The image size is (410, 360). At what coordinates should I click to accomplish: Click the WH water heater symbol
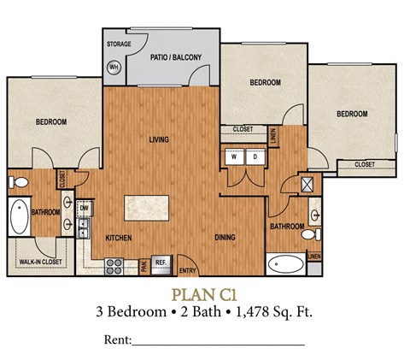pyautogui.click(x=114, y=67)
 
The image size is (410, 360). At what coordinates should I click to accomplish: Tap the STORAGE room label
pyautogui.click(x=119, y=42)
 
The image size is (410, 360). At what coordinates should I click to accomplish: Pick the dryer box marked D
pyautogui.click(x=255, y=157)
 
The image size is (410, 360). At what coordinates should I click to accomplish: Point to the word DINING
pyautogui.click(x=225, y=238)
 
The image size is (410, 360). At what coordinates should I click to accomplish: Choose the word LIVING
pyautogui.click(x=158, y=139)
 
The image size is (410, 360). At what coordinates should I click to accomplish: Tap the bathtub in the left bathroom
pyautogui.click(x=20, y=216)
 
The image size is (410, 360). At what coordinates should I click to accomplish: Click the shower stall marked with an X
pyautogui.click(x=307, y=182)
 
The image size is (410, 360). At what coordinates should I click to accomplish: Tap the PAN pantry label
pyautogui.click(x=143, y=265)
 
